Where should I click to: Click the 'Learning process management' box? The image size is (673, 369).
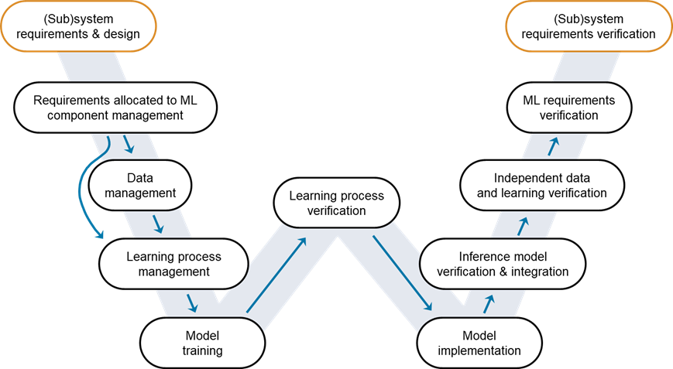coord(173,264)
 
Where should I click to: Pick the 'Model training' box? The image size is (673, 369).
coord(204,343)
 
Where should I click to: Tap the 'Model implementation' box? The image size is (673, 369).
coord(479,343)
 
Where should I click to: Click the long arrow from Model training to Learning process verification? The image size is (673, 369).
coord(276,275)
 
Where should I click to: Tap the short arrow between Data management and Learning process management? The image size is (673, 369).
coord(160,224)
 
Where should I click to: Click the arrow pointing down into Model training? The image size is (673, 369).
coord(192,302)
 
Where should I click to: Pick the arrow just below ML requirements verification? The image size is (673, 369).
coord(553,146)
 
